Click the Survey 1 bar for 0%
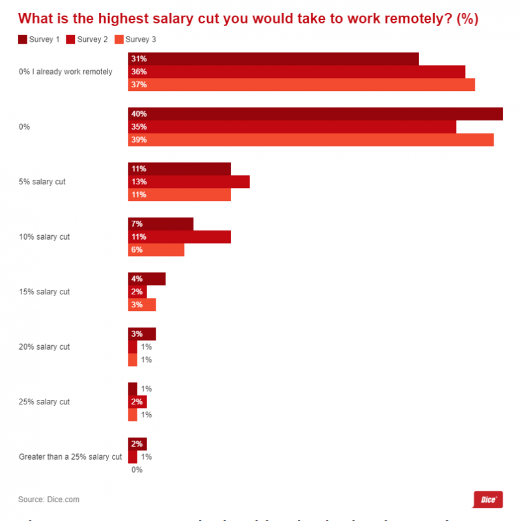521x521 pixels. click(x=315, y=114)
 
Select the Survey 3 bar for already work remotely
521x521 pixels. click(x=302, y=85)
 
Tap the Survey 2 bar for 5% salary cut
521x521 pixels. click(x=189, y=182)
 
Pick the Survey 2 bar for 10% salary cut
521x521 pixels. click(x=180, y=236)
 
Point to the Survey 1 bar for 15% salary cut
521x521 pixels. click(x=147, y=279)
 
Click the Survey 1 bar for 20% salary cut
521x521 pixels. click(x=142, y=334)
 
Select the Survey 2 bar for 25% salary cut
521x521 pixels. click(x=137, y=402)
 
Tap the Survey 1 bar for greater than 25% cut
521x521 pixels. click(x=137, y=444)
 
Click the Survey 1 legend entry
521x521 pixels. click(x=39, y=40)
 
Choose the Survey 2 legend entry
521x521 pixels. click(x=87, y=40)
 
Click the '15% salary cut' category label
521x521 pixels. click(x=44, y=292)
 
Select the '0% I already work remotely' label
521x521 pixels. click(x=66, y=72)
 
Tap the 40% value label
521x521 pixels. click(x=139, y=114)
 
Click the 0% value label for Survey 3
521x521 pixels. click(x=137, y=470)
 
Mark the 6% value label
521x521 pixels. click(x=136, y=250)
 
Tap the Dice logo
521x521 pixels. click(x=486, y=500)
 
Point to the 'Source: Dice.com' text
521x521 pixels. click(x=49, y=500)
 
